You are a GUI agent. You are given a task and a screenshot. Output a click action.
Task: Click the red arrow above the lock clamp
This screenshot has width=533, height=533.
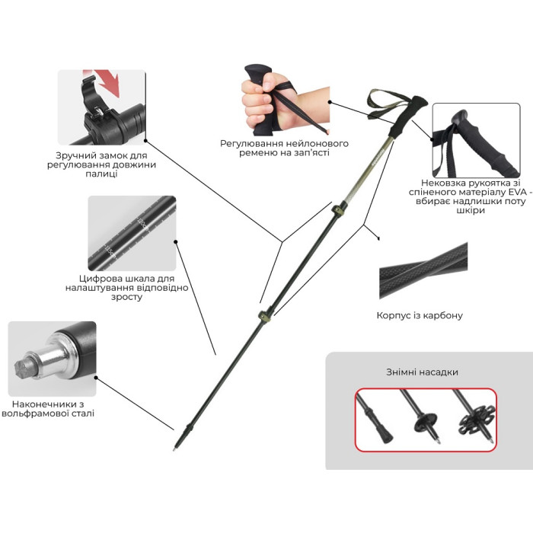point(108,81)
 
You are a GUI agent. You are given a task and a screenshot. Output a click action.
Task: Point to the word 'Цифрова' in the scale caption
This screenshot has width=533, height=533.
point(97,279)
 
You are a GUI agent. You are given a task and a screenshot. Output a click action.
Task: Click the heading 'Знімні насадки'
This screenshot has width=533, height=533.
point(422,372)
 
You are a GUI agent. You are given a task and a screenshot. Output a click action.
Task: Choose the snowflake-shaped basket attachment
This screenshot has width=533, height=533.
point(476,420)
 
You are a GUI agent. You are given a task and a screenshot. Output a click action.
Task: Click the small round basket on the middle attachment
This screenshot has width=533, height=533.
point(426,422)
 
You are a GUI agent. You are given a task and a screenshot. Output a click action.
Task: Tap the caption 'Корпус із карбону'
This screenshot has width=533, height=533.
point(420,315)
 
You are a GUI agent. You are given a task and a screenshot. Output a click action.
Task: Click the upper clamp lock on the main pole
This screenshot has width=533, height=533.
point(337,210)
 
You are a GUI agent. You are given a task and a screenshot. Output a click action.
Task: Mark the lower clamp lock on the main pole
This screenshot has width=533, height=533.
point(265,315)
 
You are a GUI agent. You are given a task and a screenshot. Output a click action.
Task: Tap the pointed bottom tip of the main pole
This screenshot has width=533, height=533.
point(174,449)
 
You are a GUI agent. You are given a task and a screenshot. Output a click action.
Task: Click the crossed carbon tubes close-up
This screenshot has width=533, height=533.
point(423,270)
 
